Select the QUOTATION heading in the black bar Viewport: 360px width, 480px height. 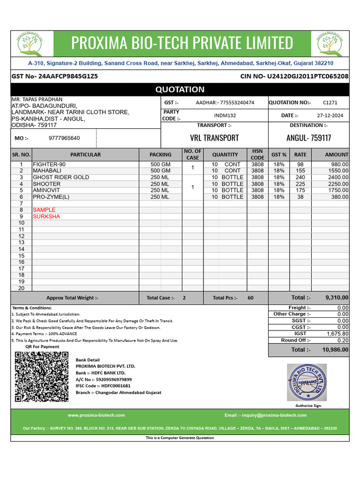(180, 90)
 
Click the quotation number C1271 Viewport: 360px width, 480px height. (330, 103)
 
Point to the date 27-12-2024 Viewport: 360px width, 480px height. (330, 115)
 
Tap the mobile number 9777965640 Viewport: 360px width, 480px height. (64, 138)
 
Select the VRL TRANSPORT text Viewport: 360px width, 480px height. (214, 138)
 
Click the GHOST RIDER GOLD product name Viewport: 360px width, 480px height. (61, 178)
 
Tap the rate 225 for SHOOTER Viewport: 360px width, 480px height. (300, 184)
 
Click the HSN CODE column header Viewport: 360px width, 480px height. (257, 154)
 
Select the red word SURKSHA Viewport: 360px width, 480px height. (46, 217)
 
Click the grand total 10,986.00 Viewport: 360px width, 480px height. (335, 350)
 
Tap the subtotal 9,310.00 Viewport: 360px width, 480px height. (337, 298)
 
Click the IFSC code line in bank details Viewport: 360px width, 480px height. (103, 386)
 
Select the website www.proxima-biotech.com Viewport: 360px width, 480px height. (96, 415)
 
